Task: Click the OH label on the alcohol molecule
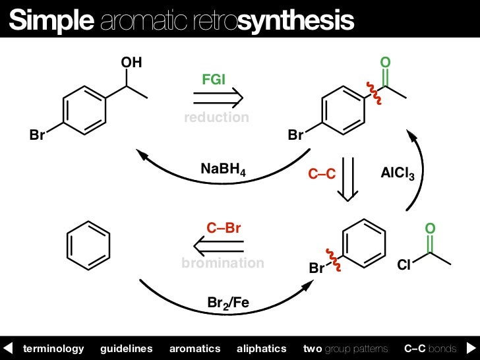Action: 131,63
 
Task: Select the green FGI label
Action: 214,79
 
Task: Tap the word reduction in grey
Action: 216,117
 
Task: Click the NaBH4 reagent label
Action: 223,170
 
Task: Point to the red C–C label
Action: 322,174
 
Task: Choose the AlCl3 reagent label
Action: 398,174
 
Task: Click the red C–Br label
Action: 224,228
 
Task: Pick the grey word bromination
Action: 223,263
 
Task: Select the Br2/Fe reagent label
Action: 228,303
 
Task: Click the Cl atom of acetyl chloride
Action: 404,266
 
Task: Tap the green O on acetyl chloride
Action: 430,229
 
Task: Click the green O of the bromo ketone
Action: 386,63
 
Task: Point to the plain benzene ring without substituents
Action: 88,245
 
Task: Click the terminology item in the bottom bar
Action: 53,348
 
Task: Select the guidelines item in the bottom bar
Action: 126,348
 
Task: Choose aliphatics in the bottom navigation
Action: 261,348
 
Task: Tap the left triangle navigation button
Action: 8,347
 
